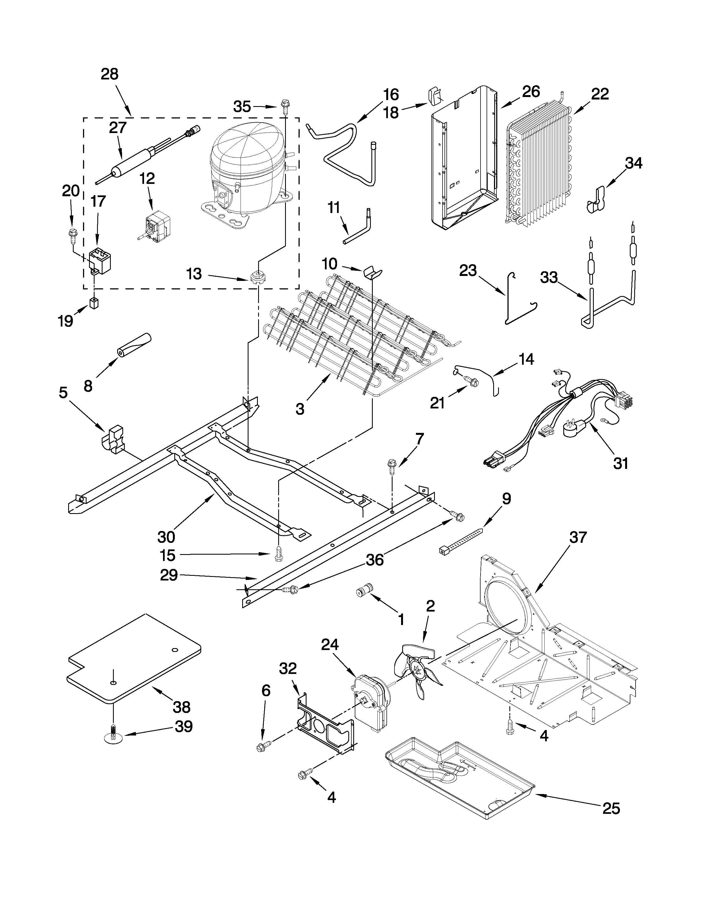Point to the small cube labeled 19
94,305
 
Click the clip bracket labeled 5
113,439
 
